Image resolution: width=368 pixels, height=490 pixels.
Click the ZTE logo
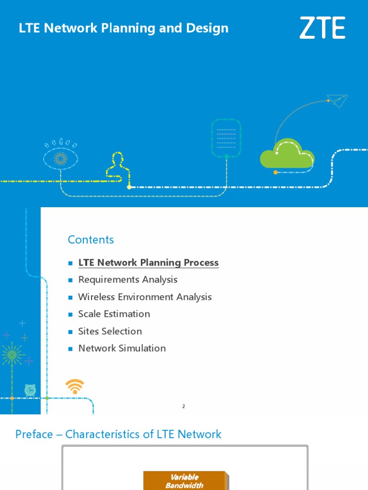[322, 28]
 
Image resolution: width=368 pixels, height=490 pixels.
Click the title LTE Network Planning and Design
[124, 28]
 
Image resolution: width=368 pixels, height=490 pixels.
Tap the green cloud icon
[287, 154]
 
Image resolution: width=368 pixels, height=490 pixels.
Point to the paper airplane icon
[338, 100]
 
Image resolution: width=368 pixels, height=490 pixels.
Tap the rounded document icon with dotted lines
[226, 138]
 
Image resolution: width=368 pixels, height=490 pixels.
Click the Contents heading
[91, 240]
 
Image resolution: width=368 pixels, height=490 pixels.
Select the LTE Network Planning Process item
[148, 263]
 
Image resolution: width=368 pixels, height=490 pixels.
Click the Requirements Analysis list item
[128, 279]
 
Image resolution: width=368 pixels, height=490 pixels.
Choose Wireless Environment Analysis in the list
[145, 297]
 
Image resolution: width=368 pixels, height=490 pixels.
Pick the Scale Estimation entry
[114, 314]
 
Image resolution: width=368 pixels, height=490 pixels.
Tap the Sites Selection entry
[110, 331]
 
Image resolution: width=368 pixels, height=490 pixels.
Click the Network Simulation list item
[122, 348]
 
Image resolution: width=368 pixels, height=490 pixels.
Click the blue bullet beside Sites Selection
[70, 332]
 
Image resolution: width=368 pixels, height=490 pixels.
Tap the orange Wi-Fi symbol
[75, 386]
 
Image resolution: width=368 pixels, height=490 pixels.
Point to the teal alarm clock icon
[30, 390]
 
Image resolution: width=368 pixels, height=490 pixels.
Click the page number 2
[184, 406]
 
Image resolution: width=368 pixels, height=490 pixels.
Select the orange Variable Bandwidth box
[185, 481]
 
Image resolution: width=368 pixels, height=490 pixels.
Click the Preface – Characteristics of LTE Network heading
[118, 434]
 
